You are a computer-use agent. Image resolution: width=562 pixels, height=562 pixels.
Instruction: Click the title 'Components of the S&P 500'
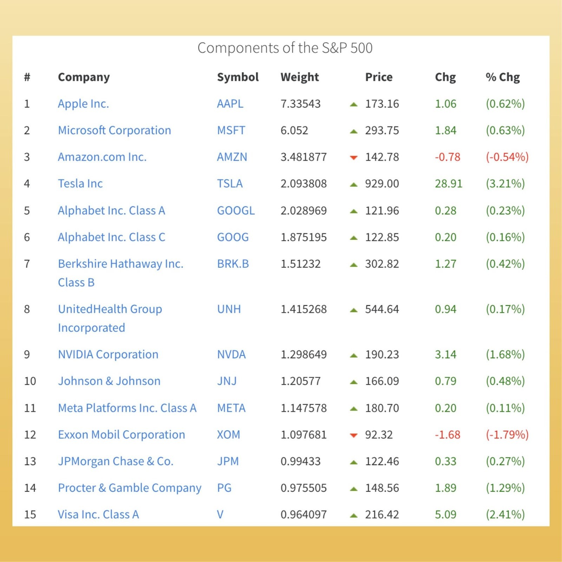285,48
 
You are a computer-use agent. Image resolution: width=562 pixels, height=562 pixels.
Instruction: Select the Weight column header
300,77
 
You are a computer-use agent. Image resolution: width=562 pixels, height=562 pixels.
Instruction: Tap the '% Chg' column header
503,77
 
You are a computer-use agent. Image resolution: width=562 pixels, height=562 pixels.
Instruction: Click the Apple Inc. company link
84,104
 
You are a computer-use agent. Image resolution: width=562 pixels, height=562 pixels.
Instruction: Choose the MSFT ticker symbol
231,130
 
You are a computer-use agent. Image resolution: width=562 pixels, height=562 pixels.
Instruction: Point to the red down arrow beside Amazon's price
354,157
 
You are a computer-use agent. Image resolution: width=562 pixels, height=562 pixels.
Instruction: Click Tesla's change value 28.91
449,183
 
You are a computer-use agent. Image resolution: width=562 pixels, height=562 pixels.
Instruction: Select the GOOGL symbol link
236,210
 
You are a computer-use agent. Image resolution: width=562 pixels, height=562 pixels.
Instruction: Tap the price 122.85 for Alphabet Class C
382,237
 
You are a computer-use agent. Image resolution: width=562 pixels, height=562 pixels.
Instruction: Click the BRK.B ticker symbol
233,264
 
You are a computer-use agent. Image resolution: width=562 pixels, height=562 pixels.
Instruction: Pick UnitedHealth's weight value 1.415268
303,309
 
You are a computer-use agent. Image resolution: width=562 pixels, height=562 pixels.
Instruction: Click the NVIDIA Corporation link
108,354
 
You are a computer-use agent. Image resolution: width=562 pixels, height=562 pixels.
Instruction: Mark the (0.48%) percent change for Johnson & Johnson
505,381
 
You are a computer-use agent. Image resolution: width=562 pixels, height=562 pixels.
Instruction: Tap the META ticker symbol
231,408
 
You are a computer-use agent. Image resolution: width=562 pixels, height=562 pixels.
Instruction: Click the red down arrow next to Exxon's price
354,435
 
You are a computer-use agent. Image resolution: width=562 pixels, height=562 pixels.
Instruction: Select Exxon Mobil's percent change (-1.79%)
507,434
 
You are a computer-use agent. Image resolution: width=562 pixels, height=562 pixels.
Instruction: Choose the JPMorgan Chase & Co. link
116,461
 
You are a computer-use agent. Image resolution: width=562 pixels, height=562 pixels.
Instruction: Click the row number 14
30,488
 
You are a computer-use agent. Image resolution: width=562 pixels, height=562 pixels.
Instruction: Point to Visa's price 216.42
382,515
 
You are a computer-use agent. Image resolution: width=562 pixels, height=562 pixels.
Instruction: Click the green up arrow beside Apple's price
354,104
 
